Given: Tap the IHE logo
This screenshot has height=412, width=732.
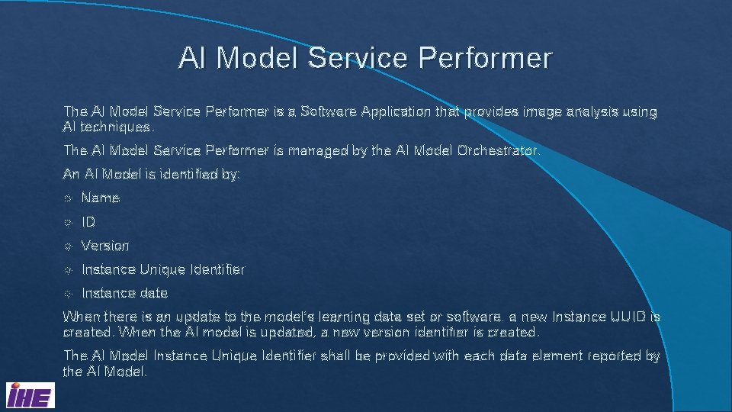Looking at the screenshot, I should pos(30,396).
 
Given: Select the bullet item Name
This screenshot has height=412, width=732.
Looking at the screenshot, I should pos(101,198).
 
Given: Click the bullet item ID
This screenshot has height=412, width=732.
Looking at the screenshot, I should pos(88,222).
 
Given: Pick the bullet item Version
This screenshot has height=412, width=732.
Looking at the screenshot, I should pos(105,246).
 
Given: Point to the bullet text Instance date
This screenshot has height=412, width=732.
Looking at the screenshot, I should pos(124,293).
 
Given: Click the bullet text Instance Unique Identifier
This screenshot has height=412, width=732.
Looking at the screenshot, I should pos(162,269).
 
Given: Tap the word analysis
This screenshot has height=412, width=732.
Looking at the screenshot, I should pos(591,111).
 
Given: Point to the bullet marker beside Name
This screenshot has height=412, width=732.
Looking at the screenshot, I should pos(68,198).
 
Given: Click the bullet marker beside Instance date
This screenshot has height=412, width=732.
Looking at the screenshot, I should pos(68,294).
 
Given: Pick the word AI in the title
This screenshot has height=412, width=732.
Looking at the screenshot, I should pos(192,58).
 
